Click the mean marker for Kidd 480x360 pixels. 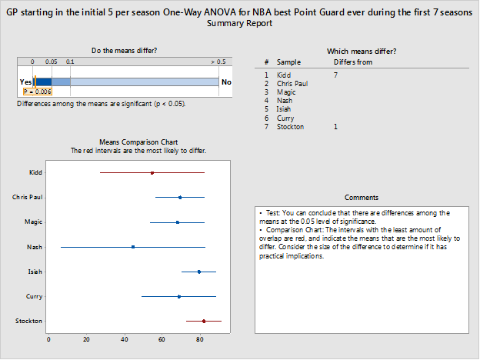click(x=152, y=173)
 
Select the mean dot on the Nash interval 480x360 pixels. click(x=133, y=247)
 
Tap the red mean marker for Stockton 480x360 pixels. click(x=204, y=321)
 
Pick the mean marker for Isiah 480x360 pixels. click(x=199, y=272)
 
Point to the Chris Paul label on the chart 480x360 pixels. click(x=27, y=198)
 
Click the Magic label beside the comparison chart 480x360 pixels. click(x=33, y=222)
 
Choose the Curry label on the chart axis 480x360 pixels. click(x=33, y=296)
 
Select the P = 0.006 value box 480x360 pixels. click(x=37, y=91)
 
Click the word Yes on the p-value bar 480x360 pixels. click(x=25, y=82)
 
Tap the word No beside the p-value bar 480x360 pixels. click(x=226, y=82)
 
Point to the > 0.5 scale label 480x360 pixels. click(x=218, y=61)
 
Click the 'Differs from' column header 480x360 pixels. click(x=352, y=62)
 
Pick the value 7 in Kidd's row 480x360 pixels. click(x=335, y=75)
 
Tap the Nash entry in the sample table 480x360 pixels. click(x=284, y=101)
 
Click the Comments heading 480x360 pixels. click(x=362, y=198)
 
